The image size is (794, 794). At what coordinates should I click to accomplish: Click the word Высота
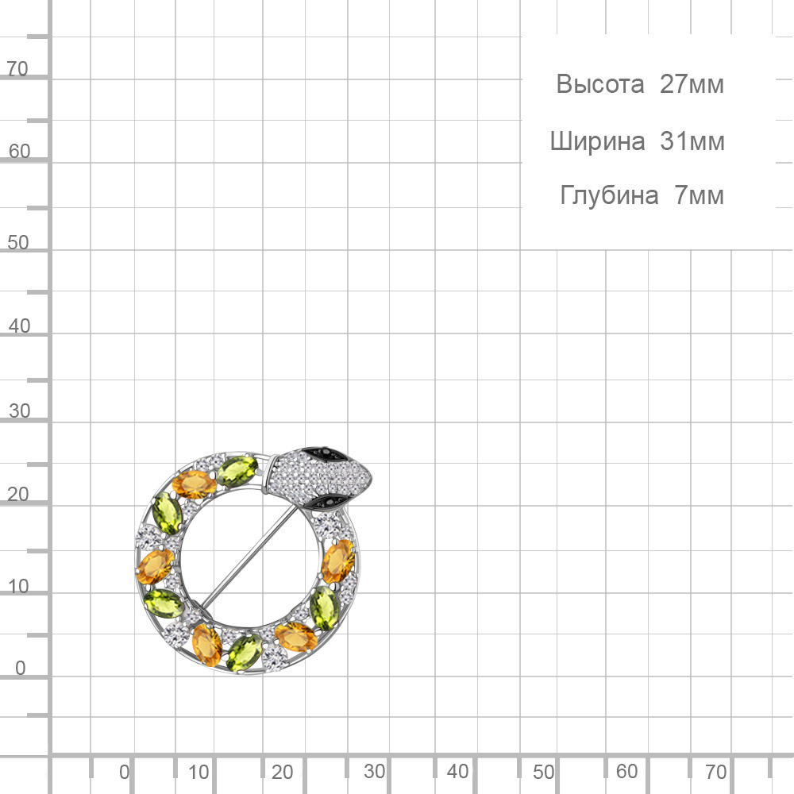(x=600, y=84)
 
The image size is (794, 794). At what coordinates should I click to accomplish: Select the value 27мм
(x=692, y=84)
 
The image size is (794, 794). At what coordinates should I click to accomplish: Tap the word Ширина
(x=598, y=142)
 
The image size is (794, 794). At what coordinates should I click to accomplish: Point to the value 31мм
(x=692, y=141)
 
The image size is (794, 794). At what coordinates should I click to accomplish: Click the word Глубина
(x=609, y=195)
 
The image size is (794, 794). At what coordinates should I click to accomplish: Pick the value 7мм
(x=700, y=195)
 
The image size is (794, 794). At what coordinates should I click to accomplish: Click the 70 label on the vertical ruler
(x=17, y=68)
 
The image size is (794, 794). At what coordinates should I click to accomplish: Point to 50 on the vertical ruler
(x=17, y=242)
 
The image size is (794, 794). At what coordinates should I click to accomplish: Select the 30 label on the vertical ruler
(x=19, y=410)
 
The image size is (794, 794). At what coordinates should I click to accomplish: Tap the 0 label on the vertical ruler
(x=21, y=668)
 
